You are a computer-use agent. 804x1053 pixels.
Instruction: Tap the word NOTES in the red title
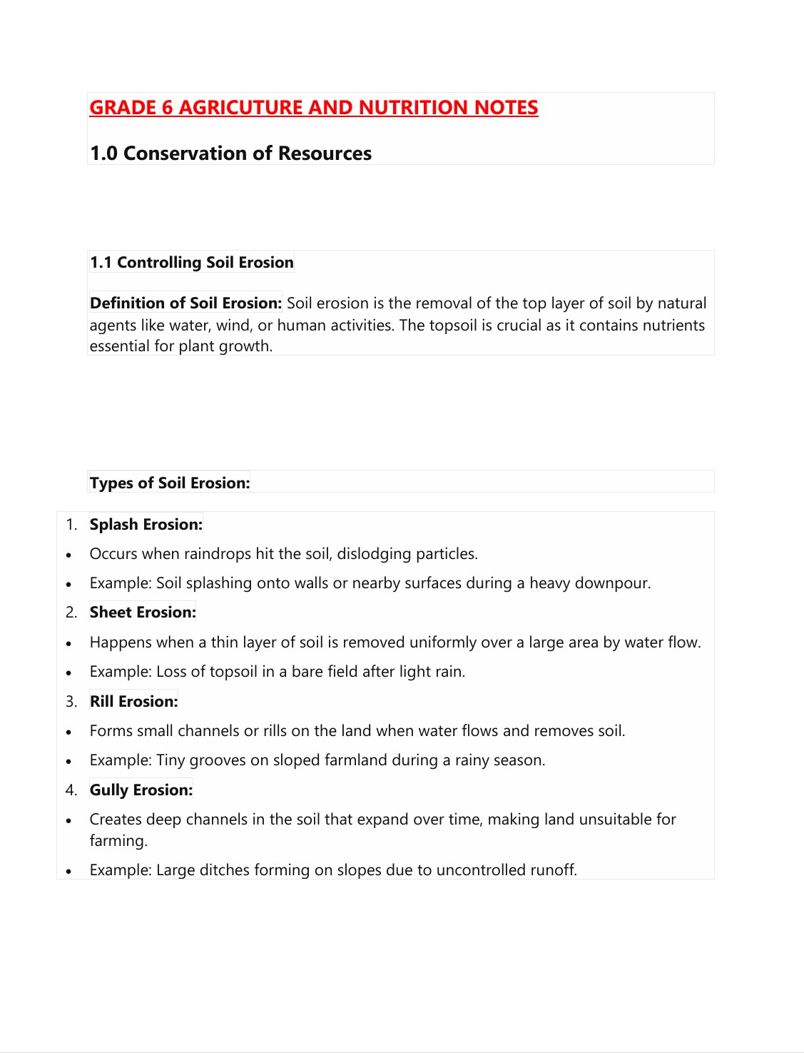[506, 108]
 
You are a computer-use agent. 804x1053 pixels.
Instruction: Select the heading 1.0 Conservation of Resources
[230, 153]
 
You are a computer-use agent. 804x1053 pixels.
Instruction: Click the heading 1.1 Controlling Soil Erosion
[191, 263]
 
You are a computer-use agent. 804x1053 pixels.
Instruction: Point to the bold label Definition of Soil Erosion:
[185, 303]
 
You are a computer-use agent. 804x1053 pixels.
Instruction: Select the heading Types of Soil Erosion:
[170, 483]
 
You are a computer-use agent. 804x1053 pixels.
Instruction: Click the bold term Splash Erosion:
[146, 525]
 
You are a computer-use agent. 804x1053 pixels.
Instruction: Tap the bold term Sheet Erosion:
[143, 613]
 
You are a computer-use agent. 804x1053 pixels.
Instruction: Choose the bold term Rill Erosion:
[133, 702]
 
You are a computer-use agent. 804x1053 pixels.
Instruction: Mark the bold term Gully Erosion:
[141, 790]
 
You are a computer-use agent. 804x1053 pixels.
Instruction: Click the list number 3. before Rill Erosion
[71, 702]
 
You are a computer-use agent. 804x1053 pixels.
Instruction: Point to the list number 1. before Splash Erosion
[71, 525]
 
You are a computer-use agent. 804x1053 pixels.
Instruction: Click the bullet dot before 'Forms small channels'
[68, 732]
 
